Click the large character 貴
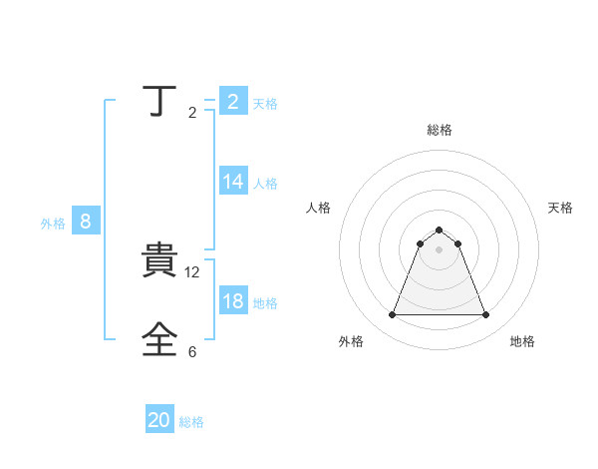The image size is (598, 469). [x=159, y=261]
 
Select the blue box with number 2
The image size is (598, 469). [x=233, y=102]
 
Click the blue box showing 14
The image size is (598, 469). [x=233, y=182]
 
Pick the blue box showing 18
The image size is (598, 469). [x=233, y=301]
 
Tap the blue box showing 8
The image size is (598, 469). [x=86, y=222]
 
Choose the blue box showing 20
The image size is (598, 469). [x=159, y=421]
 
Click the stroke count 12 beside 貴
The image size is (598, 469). [x=193, y=272]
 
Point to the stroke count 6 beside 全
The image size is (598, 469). [x=192, y=352]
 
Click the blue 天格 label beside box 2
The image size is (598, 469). [x=265, y=103]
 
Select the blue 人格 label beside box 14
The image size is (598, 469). [x=265, y=183]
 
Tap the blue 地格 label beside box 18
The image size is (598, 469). [x=265, y=302]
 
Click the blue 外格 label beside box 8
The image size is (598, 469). [x=53, y=224]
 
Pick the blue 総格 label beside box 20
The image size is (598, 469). [x=191, y=422]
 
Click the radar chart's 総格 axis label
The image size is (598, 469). [x=439, y=130]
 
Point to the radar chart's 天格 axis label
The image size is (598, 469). [x=560, y=208]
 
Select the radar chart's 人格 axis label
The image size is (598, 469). [x=318, y=208]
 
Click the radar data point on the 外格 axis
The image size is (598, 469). [x=392, y=315]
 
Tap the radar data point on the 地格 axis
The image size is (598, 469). [x=485, y=315]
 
